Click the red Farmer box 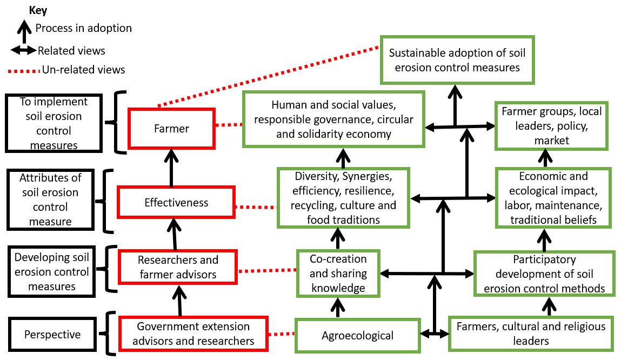click(172, 128)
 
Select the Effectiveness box click(177, 203)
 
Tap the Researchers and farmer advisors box click(178, 267)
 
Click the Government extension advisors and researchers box click(193, 334)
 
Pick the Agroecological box click(357, 335)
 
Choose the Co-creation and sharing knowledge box click(338, 273)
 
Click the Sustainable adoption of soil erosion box click(457, 60)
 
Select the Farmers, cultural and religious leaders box click(531, 334)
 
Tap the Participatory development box click(544, 274)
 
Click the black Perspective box click(52, 335)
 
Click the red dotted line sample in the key click(24, 70)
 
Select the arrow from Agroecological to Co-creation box click(338, 308)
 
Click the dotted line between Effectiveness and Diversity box click(256, 206)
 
